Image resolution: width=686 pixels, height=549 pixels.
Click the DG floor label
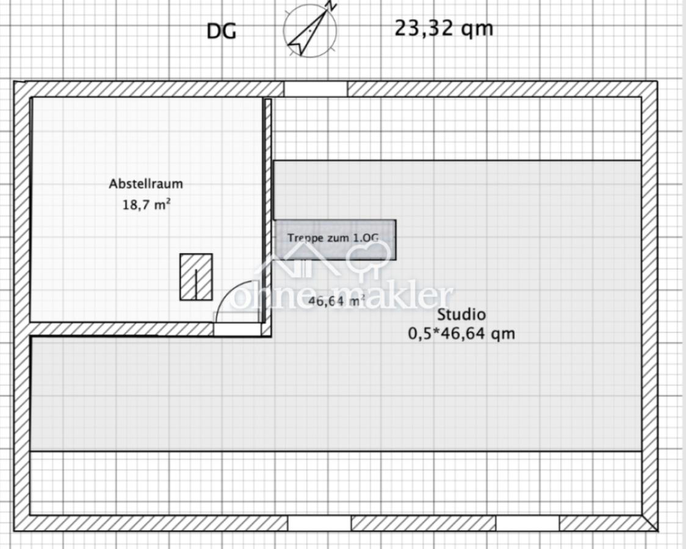tap(222, 32)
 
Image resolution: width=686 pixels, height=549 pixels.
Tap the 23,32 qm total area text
tap(444, 29)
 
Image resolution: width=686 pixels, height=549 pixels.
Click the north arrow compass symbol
tap(311, 30)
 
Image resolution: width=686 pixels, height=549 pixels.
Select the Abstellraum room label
tap(146, 184)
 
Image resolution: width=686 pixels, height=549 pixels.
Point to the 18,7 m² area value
tap(146, 204)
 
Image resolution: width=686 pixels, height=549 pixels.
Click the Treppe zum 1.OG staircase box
tap(335, 240)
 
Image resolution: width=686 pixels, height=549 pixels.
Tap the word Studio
tap(461, 314)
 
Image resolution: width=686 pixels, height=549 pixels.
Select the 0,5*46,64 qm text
tap(461, 334)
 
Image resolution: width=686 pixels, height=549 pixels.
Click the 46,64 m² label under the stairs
tap(337, 301)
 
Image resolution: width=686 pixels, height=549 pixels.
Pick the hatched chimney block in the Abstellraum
tap(196, 277)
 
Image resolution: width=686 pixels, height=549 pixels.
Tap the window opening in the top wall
tap(316, 88)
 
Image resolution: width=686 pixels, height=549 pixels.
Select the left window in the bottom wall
tap(319, 523)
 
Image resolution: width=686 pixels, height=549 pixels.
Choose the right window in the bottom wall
tap(527, 523)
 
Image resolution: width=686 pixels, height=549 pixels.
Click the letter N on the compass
tap(332, 5)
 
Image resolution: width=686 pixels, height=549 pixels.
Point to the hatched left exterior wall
tap(22, 306)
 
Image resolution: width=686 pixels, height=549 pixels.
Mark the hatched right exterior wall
tap(649, 306)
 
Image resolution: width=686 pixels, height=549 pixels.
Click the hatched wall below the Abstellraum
tap(122, 329)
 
